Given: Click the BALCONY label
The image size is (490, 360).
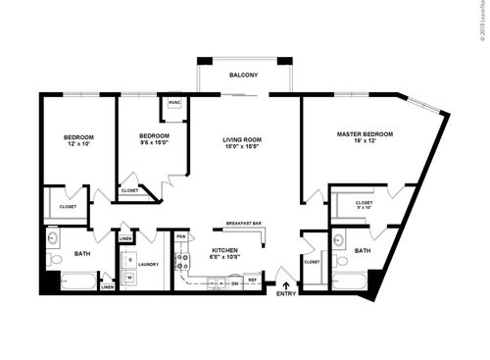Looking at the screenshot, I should point(244,76).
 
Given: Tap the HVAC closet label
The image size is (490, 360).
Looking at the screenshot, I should point(174,103).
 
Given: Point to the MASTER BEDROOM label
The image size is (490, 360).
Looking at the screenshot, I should point(365,133).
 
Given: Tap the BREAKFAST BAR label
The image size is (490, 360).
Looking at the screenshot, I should point(243,223).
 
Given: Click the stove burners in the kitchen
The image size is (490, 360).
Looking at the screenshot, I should point(181,262).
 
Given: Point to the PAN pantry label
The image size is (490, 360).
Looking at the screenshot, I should point(181,236).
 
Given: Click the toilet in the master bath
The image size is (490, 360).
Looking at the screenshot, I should point(339,261).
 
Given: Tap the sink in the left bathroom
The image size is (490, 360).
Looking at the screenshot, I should point(53,237).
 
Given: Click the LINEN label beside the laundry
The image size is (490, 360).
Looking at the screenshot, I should point(125,238).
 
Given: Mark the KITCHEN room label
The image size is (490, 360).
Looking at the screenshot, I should point(225,250).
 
